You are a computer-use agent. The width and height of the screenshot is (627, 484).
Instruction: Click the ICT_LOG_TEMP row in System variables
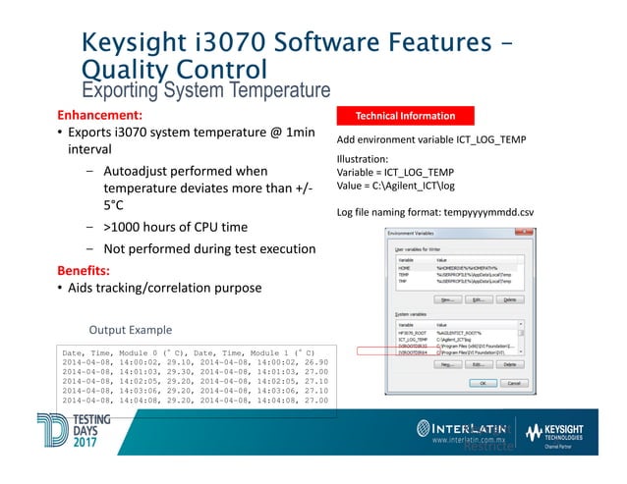coord(413,338)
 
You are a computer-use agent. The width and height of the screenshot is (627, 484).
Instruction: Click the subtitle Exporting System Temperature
coord(205,91)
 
